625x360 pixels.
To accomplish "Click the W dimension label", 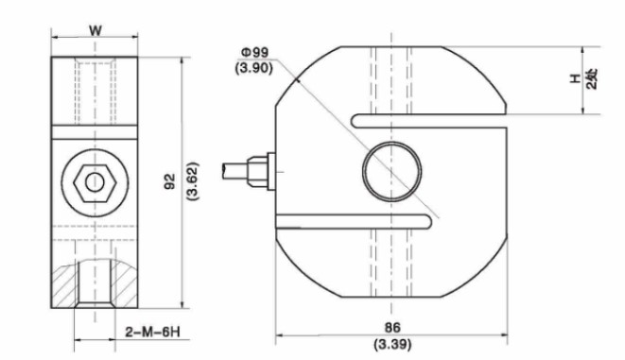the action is [95, 30].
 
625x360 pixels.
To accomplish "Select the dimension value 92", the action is [170, 181].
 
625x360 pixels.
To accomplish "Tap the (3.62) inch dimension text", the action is [193, 181].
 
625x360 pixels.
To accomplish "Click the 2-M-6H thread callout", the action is [152, 332].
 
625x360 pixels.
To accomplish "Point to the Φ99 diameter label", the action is [255, 52].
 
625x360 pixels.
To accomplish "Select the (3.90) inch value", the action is [254, 68].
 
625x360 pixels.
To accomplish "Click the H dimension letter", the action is [575, 78].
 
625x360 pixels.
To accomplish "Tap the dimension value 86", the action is [391, 327].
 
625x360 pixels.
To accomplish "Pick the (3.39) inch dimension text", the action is [392, 344].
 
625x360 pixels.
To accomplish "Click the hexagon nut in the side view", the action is [95, 182].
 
